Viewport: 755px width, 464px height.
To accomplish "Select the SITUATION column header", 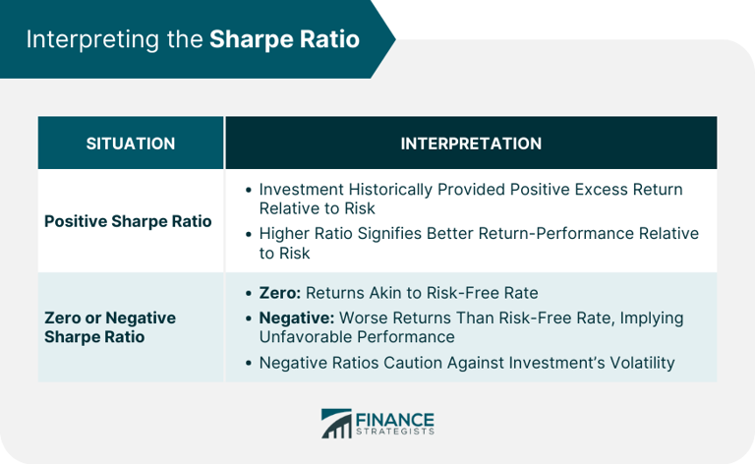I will point(131,144).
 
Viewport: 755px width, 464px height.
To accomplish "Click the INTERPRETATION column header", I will point(471,144).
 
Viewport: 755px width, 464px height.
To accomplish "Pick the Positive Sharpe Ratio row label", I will point(128,221).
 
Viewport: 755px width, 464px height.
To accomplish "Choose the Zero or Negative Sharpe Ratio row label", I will point(110,327).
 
